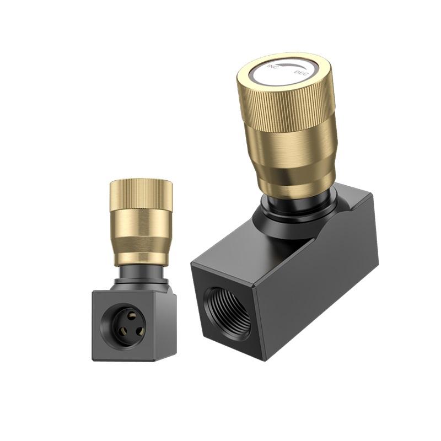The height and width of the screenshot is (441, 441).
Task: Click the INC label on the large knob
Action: (273, 66)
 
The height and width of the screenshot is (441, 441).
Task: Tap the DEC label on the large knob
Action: (301, 73)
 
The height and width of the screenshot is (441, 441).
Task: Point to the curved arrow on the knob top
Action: (291, 65)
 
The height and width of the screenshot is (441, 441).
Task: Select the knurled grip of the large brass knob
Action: (286, 107)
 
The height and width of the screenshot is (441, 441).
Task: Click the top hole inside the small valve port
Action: (131, 315)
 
